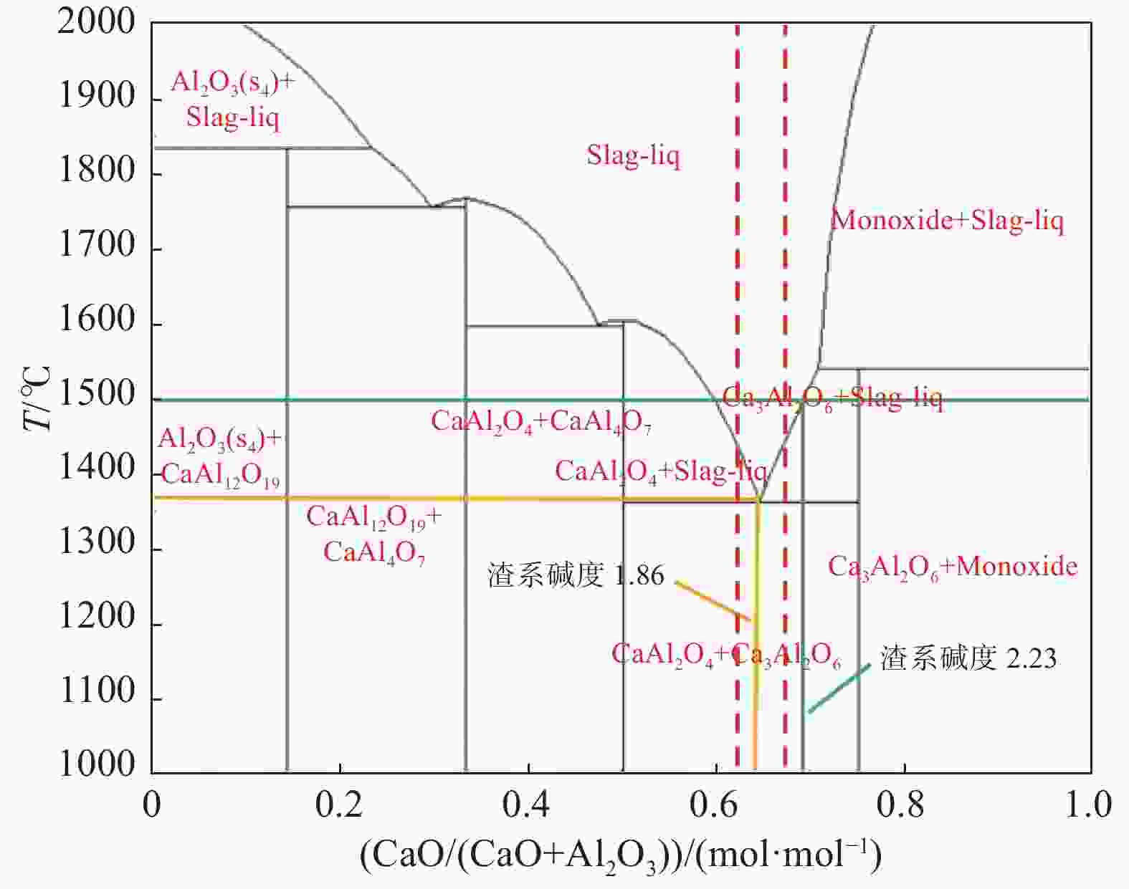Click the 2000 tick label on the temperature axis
tap(96, 21)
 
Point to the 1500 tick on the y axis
tap(96, 395)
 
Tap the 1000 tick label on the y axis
tap(96, 764)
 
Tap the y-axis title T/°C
tap(37, 398)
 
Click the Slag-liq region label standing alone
tap(633, 155)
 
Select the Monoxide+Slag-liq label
tap(946, 220)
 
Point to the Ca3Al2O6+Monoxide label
tap(953, 567)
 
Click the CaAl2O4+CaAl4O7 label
tap(540, 422)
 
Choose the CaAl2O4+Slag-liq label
tap(661, 471)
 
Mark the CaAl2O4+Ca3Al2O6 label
tap(725, 655)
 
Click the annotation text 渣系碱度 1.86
tap(576, 575)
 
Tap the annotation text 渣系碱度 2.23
tap(968, 658)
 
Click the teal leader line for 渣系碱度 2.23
tap(839, 689)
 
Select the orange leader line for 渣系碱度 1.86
tap(713, 600)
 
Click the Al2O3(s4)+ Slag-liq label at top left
tap(232, 100)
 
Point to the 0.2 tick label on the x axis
tap(338, 804)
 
